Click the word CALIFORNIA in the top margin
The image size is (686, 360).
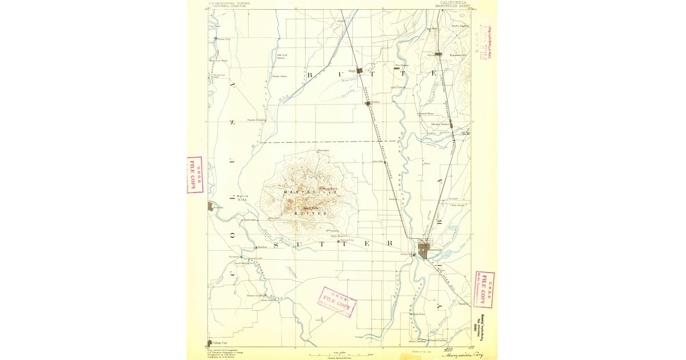point(450,2)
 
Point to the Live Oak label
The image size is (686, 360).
point(377,161)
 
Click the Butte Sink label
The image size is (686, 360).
point(242,198)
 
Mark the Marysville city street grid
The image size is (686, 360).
point(424,249)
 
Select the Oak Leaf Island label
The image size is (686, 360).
point(280,56)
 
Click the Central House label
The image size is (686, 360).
point(428,113)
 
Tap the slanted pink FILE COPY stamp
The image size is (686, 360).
point(336,302)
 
